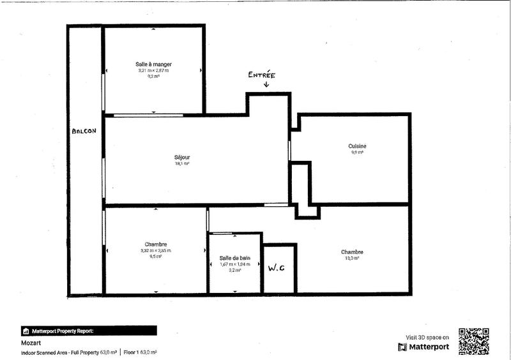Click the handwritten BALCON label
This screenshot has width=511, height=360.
click(x=84, y=132)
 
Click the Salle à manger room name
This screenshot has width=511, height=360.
click(x=153, y=64)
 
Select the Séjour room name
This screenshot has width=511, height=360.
click(x=182, y=157)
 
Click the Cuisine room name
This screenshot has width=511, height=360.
click(x=358, y=146)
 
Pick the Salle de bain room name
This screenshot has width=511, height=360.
click(x=235, y=258)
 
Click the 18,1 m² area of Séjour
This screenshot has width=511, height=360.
click(x=182, y=163)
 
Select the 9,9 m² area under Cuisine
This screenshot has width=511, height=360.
click(x=358, y=153)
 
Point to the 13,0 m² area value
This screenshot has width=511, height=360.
click(x=353, y=258)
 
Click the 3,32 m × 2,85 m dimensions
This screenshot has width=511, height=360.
click(x=156, y=251)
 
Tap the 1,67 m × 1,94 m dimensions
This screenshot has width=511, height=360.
click(x=235, y=264)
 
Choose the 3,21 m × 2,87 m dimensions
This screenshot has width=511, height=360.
click(x=153, y=70)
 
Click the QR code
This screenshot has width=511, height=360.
click(x=474, y=341)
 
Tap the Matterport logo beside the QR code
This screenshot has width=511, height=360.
click(x=423, y=347)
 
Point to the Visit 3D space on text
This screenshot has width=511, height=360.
click(x=427, y=337)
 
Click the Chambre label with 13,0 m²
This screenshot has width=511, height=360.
click(x=353, y=251)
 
